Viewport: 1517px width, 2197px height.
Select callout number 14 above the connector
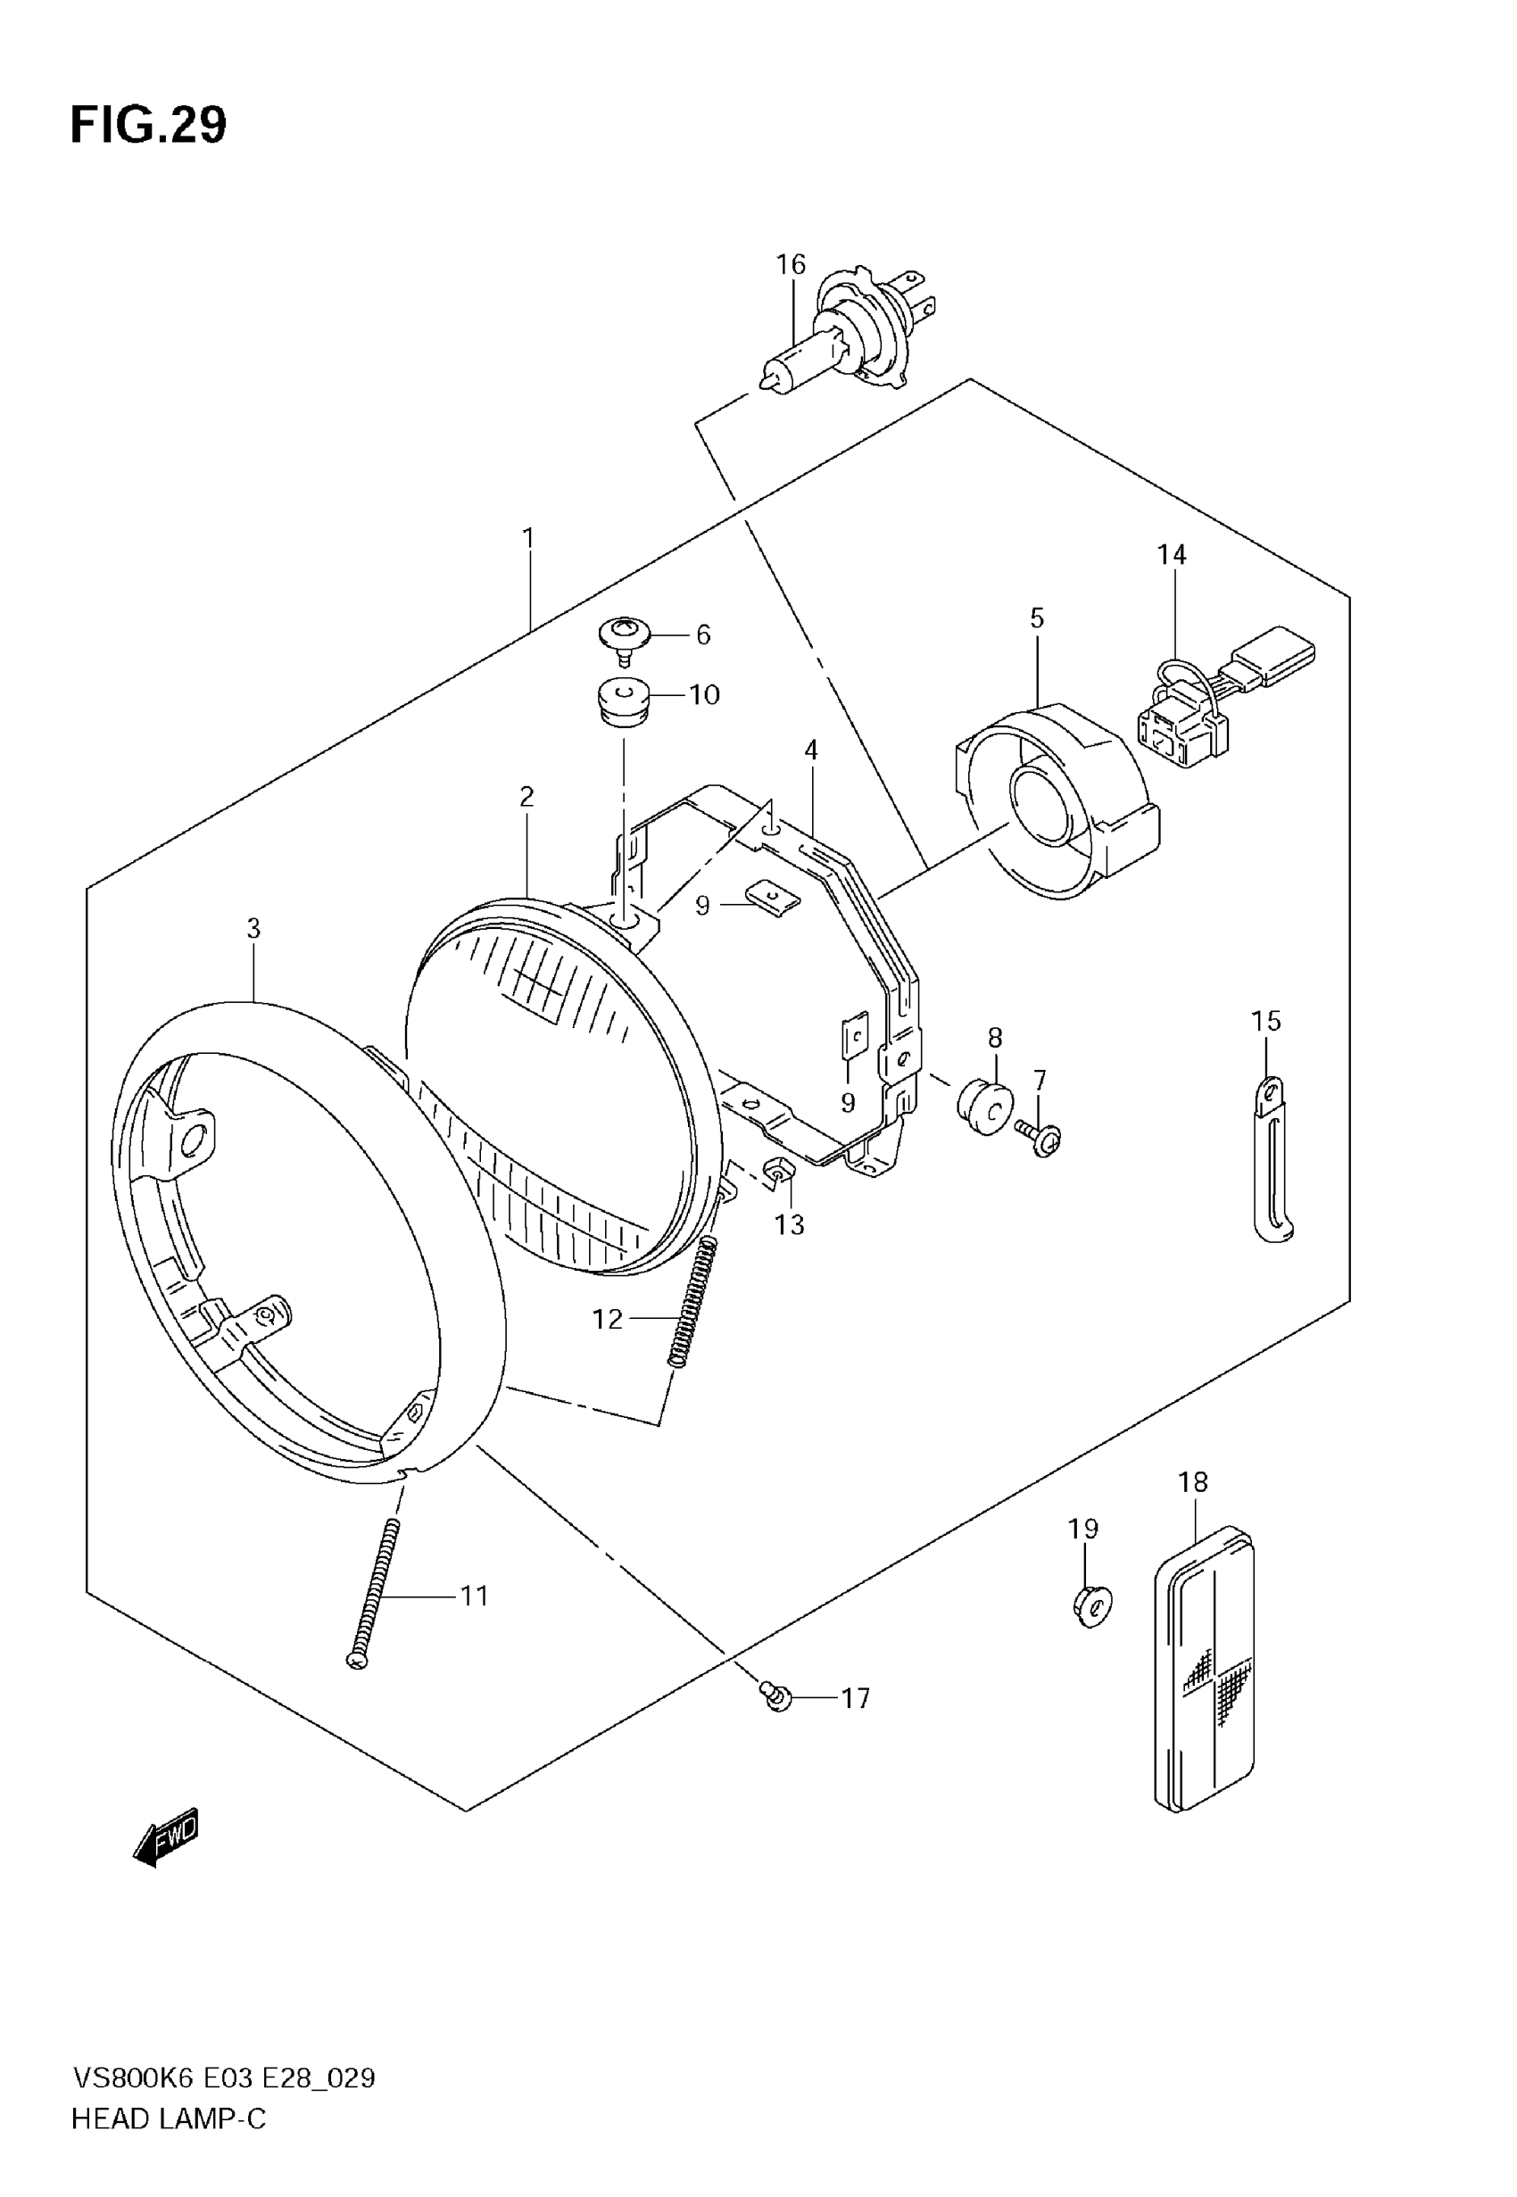1172,555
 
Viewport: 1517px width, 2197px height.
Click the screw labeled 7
1042,1137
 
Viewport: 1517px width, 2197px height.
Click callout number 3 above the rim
253,928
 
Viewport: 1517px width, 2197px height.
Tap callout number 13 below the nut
789,1225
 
